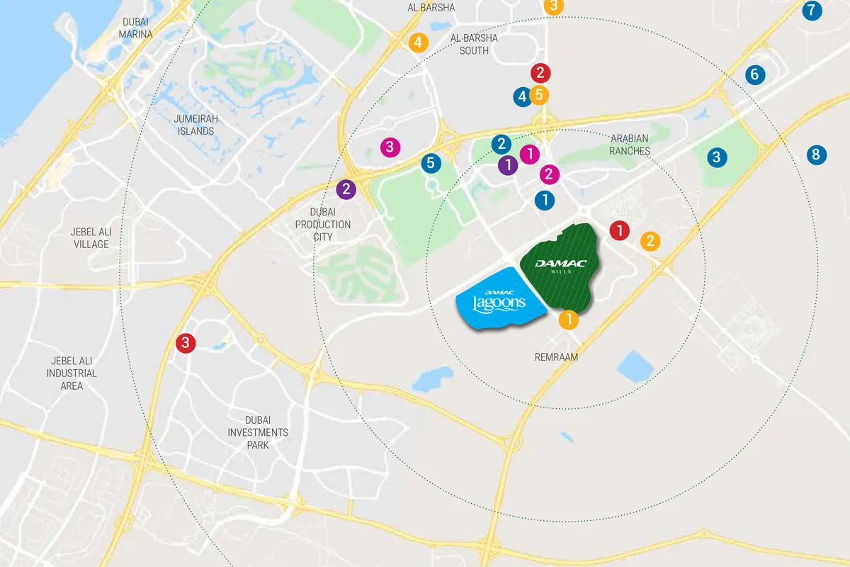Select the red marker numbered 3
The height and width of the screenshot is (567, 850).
point(186,343)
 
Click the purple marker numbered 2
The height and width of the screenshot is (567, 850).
point(346,189)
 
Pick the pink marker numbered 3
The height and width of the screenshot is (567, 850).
point(390,147)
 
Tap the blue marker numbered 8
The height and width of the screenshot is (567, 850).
point(816,155)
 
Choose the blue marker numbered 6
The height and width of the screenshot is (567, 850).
point(754,74)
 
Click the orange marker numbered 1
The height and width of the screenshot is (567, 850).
point(568,320)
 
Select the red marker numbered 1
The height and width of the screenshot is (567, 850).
point(620,230)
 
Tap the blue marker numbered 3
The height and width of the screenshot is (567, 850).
point(716,157)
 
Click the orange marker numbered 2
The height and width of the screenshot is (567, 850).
point(650,241)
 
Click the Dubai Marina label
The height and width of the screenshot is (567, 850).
point(135,28)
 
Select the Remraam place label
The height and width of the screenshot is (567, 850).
point(556,357)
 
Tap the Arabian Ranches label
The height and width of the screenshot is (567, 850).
point(629,145)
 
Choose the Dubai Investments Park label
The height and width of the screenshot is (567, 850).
point(257,432)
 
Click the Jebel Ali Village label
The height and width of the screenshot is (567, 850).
point(91,237)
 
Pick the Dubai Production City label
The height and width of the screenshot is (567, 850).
point(322,224)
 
